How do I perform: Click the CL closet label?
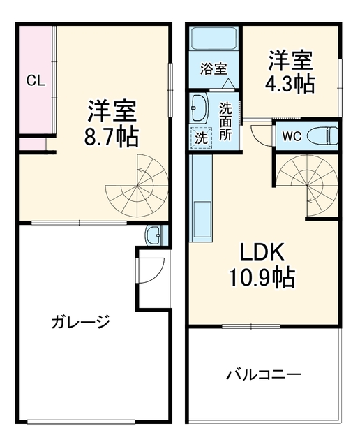tap(36, 81)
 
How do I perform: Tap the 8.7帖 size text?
tap(112, 136)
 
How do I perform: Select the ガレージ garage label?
tap(80, 321)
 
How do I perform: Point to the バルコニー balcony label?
tap(264, 374)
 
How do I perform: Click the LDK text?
tap(262, 251)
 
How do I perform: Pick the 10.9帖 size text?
tap(262, 278)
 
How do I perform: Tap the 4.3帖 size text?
tap(290, 84)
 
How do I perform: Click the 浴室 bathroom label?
tap(213, 68)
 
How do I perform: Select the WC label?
tap(292, 136)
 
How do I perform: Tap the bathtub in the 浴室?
tap(213, 38)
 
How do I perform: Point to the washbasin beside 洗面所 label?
tap(200, 108)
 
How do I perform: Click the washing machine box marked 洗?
tap(202, 138)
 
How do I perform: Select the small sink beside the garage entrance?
tap(153, 235)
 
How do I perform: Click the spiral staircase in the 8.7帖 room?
tap(137, 186)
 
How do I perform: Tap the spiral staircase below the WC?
tap(307, 184)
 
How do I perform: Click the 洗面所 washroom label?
tap(225, 121)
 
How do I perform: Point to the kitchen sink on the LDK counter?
tap(202, 219)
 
